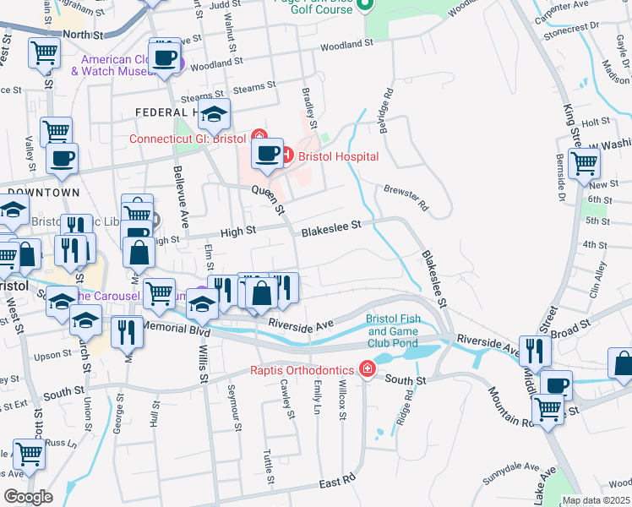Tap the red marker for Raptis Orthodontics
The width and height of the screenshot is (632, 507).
click(x=366, y=368)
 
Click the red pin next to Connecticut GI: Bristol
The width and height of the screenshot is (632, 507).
click(x=259, y=139)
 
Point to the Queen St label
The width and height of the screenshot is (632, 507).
click(x=270, y=199)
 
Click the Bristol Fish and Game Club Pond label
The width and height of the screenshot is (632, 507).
click(x=392, y=331)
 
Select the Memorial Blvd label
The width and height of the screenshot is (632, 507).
click(x=175, y=332)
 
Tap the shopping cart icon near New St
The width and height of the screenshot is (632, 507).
click(x=584, y=163)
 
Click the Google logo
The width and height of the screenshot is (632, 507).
click(x=27, y=497)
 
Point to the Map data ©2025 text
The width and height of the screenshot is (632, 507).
click(x=595, y=500)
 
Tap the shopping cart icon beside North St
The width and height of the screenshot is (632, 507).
click(x=44, y=53)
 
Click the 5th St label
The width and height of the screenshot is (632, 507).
click(x=597, y=221)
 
